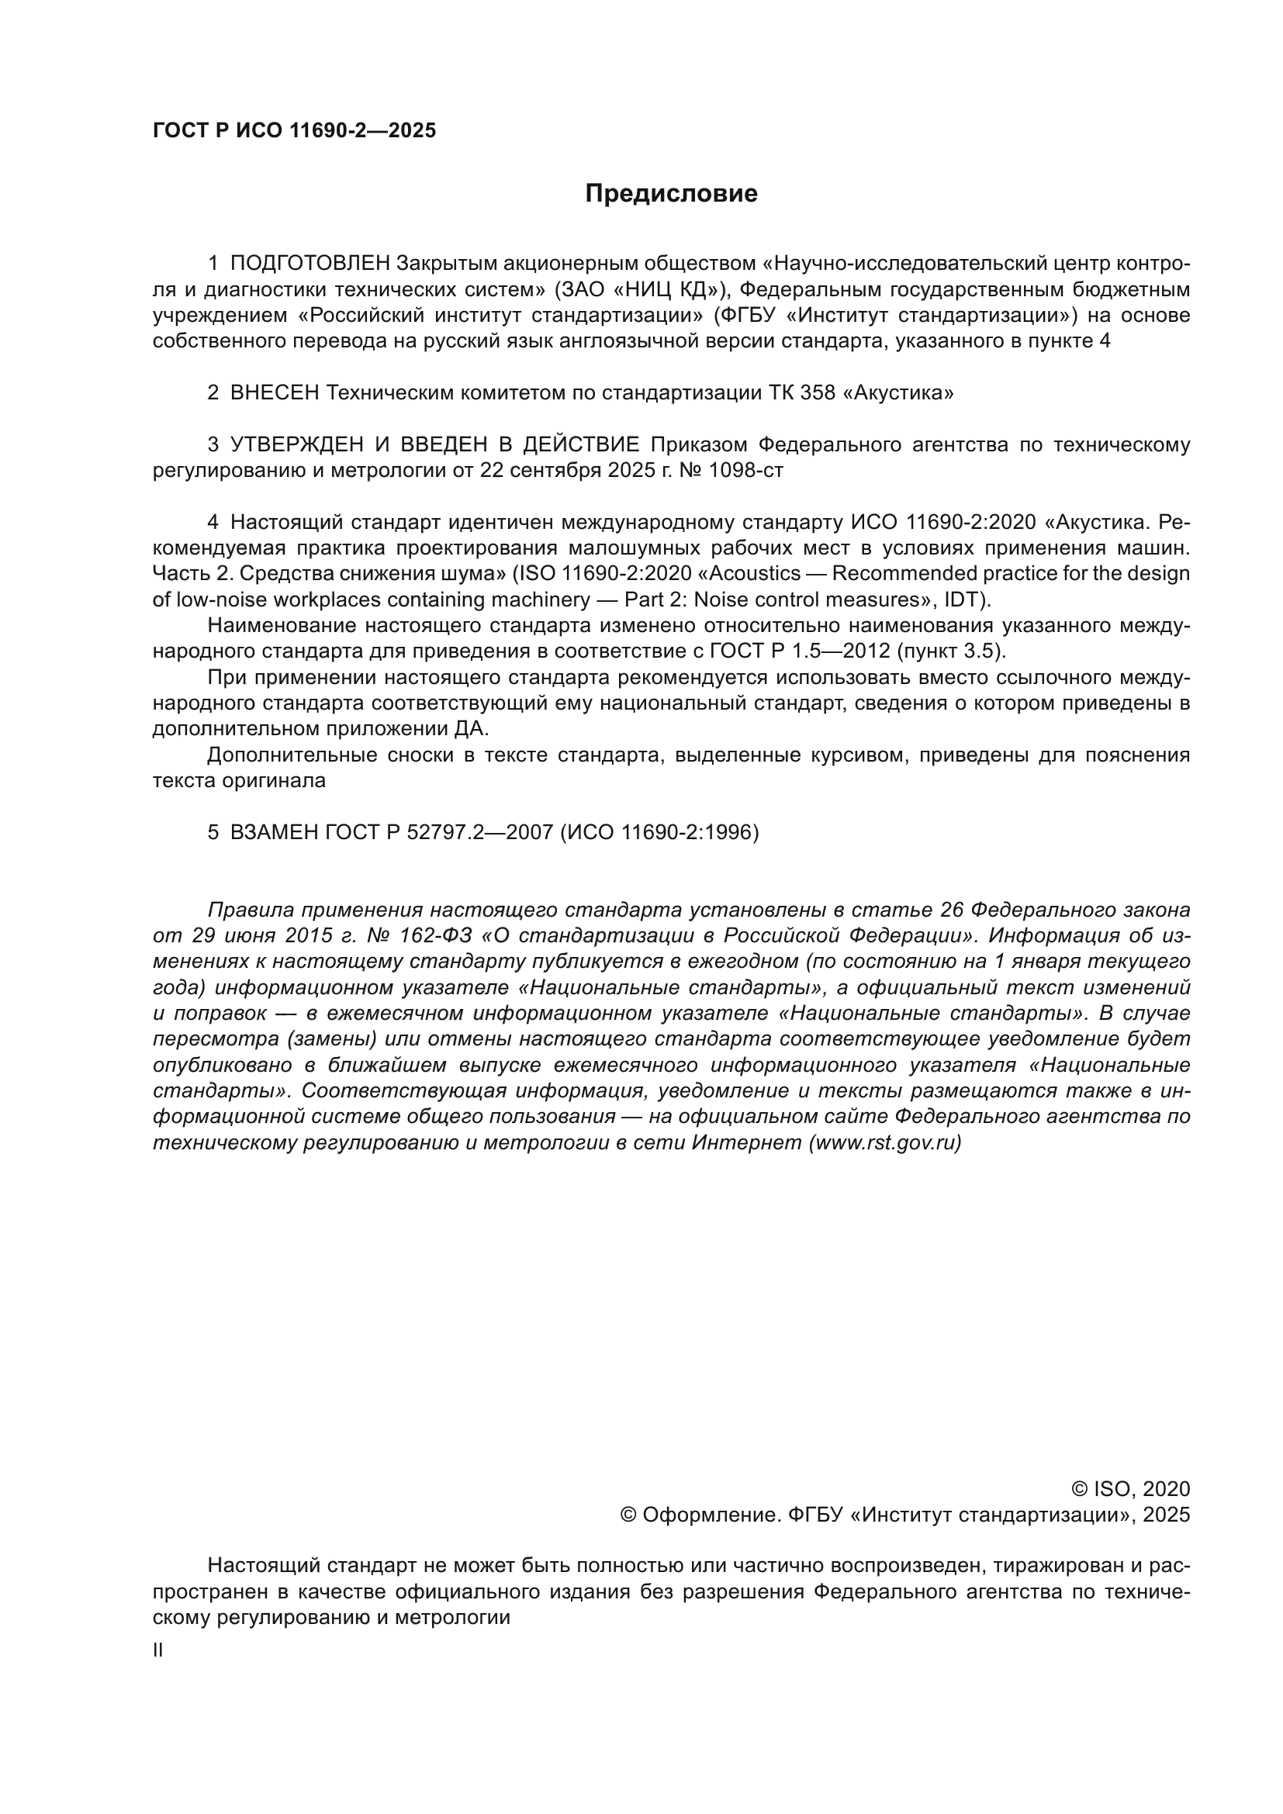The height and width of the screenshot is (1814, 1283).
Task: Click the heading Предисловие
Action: (x=671, y=194)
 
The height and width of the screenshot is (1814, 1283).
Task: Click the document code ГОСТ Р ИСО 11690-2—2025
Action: (x=294, y=131)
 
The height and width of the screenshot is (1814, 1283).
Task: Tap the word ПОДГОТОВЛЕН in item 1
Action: (x=310, y=263)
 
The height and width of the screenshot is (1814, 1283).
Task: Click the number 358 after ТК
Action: (x=817, y=392)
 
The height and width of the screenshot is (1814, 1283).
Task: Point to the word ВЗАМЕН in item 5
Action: (x=274, y=833)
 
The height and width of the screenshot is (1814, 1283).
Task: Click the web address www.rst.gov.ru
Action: (x=885, y=1143)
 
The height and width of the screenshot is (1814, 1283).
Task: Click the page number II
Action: (x=158, y=1650)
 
